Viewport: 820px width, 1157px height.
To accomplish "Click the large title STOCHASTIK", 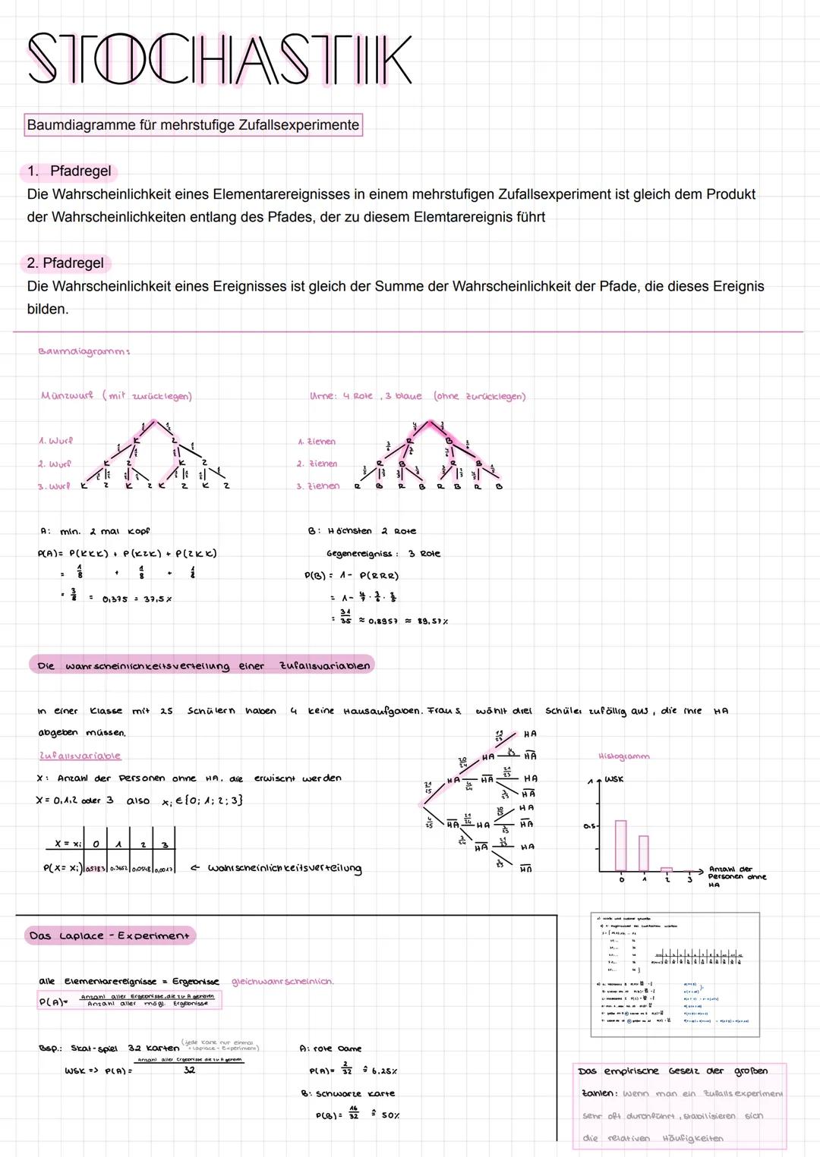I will click(x=220, y=59).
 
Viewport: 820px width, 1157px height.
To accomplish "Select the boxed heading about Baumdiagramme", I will click(x=193, y=124).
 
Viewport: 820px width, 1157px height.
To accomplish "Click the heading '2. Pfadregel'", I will click(x=65, y=263).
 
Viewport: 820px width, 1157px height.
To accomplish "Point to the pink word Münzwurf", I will click(x=67, y=395).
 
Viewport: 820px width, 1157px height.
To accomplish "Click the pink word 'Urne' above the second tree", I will click(x=323, y=396).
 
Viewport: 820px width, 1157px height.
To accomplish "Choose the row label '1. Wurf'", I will click(x=55, y=441).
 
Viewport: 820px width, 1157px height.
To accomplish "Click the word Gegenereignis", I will click(x=361, y=554).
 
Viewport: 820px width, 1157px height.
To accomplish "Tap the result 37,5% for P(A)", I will click(x=158, y=599).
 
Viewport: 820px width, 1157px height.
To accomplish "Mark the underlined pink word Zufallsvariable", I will click(x=80, y=756).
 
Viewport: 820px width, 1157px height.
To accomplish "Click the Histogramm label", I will click(x=623, y=756).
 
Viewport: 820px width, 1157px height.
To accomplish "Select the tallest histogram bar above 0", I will click(x=620, y=845).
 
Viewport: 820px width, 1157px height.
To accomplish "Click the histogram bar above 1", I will click(x=644, y=853).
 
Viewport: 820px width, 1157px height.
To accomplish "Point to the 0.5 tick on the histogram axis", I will click(x=590, y=826).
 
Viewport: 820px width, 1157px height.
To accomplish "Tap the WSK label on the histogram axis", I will click(x=613, y=779).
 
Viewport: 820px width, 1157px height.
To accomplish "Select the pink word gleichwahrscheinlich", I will click(x=282, y=981).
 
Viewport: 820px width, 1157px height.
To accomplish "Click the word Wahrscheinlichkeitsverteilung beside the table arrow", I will click(x=284, y=868).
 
